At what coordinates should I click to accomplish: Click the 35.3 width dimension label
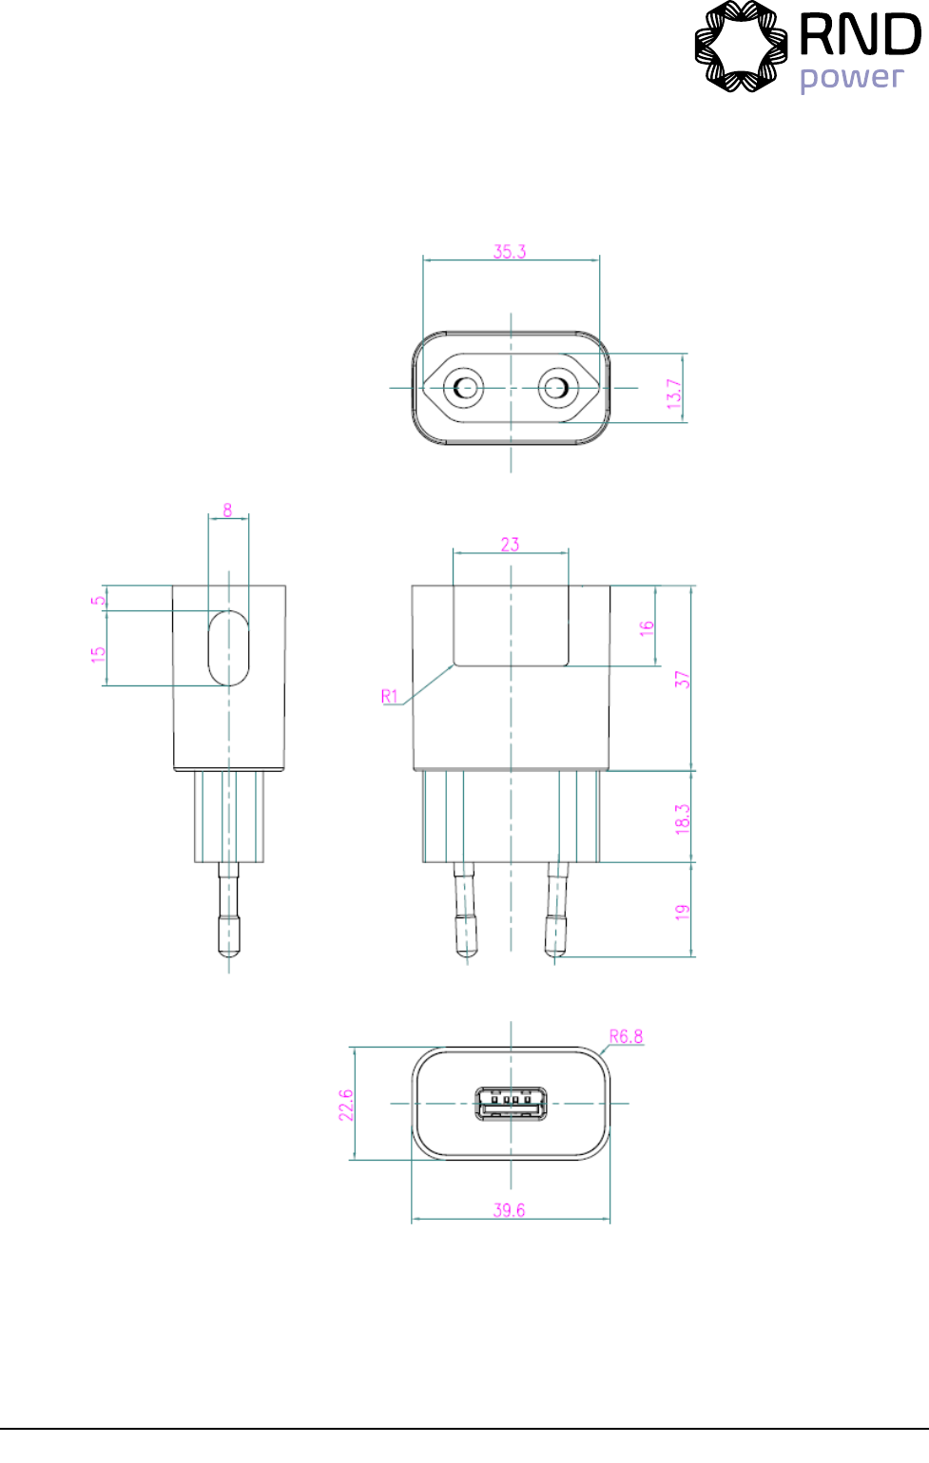point(510,252)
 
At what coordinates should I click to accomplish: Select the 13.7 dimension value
point(674,394)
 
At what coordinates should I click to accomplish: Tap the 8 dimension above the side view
point(227,510)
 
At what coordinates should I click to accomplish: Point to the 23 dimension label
point(511,545)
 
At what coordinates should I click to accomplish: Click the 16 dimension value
point(647,628)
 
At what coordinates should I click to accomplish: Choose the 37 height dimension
point(683,680)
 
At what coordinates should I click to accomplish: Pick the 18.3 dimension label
point(683,819)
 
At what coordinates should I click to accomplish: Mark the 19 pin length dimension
point(683,912)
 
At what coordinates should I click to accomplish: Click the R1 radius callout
point(389,696)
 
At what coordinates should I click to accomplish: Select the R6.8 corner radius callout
point(626,1036)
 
